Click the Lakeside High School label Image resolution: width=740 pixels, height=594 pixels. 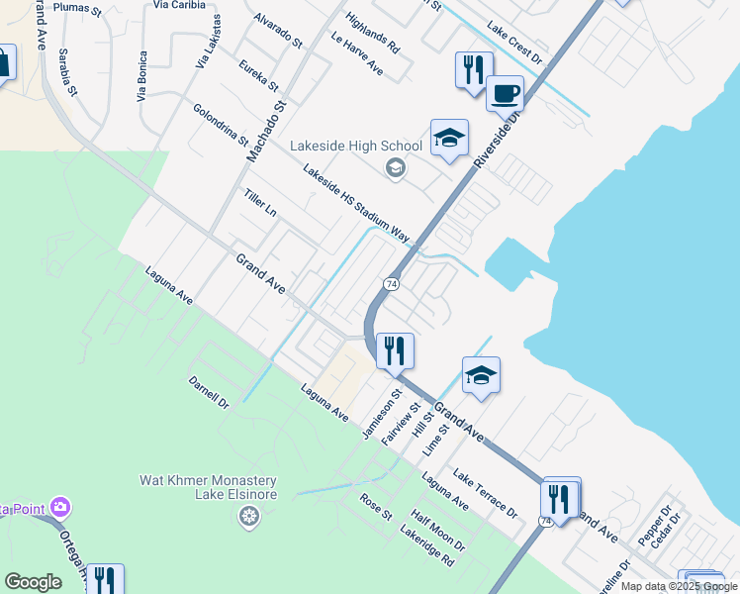(x=355, y=146)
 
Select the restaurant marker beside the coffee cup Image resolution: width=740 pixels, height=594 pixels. (x=474, y=69)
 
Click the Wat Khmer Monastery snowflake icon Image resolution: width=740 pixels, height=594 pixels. (x=248, y=515)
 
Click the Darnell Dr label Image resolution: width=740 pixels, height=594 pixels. (x=209, y=391)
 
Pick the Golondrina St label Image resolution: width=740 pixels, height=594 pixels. (x=221, y=126)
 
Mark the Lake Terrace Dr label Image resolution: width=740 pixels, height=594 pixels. (x=485, y=494)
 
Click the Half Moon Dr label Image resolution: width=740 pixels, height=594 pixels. (x=437, y=532)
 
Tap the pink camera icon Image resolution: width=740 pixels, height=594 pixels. (x=61, y=508)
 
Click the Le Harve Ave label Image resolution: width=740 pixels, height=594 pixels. (x=357, y=55)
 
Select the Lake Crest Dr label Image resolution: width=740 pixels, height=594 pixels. (x=514, y=44)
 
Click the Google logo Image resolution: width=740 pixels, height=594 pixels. (x=33, y=582)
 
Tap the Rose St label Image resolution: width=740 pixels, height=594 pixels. (x=376, y=508)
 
